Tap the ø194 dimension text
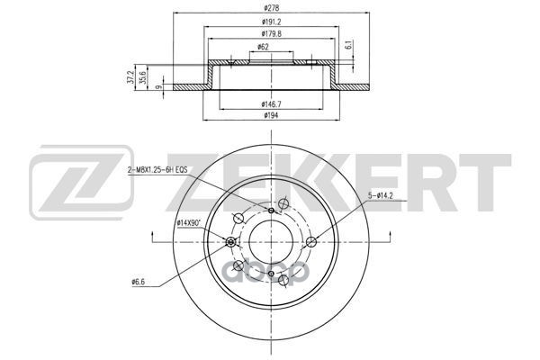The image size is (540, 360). (x=271, y=116)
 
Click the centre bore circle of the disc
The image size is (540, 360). (x=271, y=241)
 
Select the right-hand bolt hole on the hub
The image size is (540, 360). (x=310, y=241)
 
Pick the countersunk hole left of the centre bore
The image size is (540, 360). (x=232, y=242)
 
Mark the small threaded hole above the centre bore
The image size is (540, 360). (x=271, y=210)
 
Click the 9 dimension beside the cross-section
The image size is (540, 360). (x=159, y=86)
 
